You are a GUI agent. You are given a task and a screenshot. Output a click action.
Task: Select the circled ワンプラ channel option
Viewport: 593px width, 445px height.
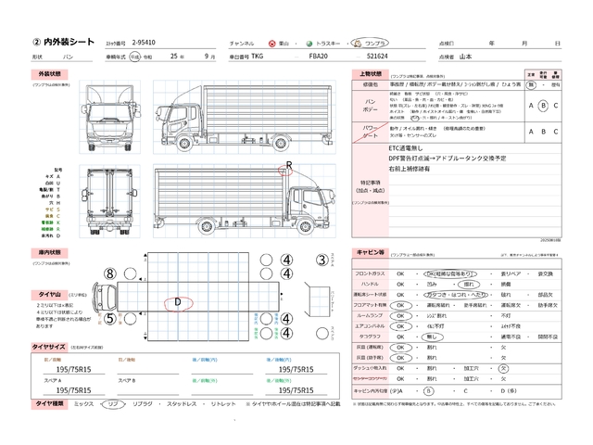(376, 43)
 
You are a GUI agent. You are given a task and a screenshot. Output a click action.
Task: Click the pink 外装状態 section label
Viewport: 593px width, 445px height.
(48, 72)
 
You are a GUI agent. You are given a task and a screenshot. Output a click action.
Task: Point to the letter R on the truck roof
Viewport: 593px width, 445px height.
(288, 165)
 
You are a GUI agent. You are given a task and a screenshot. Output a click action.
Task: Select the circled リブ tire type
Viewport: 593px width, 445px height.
(112, 405)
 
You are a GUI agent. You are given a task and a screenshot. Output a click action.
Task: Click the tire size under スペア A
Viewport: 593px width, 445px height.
(73, 390)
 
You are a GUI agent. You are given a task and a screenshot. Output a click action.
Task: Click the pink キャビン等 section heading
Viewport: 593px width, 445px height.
(371, 252)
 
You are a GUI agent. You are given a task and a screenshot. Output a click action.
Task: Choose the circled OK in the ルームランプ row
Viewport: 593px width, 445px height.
(400, 315)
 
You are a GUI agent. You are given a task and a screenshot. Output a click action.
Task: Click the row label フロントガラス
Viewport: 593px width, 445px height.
(370, 274)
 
